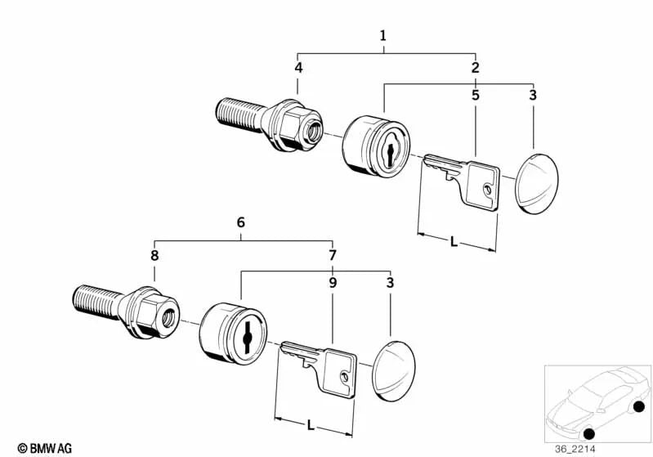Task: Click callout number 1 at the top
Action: click(x=382, y=36)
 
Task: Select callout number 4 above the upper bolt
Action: click(x=298, y=68)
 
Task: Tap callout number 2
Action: click(x=475, y=68)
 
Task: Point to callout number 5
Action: click(x=475, y=95)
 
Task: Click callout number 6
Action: click(x=241, y=222)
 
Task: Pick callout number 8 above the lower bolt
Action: click(x=154, y=255)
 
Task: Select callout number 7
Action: click(x=333, y=255)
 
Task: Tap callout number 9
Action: click(x=333, y=283)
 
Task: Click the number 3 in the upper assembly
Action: click(x=533, y=95)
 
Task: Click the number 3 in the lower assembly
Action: click(x=390, y=283)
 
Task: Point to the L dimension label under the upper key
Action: click(x=454, y=242)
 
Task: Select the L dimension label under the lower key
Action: click(x=311, y=426)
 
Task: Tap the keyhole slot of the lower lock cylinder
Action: click(x=247, y=338)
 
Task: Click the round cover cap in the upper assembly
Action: click(x=536, y=184)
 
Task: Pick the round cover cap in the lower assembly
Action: click(x=394, y=371)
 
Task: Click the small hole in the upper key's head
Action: click(x=487, y=190)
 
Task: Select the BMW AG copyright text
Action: click(x=45, y=448)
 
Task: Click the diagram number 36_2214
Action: click(x=575, y=449)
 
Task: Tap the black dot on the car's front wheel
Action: click(x=589, y=433)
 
